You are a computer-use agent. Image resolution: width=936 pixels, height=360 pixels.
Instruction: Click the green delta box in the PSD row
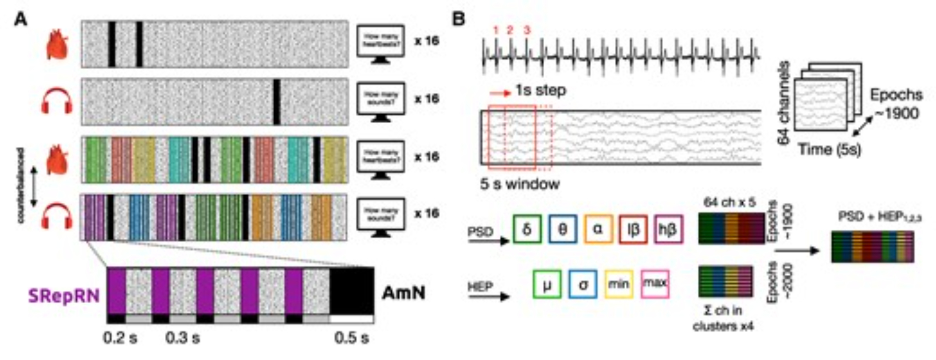pyautogui.click(x=527, y=229)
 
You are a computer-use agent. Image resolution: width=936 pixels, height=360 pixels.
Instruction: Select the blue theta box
pyautogui.click(x=563, y=229)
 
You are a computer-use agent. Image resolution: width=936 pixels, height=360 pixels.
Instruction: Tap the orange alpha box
pyautogui.click(x=598, y=229)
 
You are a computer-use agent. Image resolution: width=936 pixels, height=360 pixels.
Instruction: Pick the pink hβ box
pyautogui.click(x=668, y=229)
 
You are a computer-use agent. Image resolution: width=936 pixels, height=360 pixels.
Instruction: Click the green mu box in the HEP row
pyautogui.click(x=547, y=284)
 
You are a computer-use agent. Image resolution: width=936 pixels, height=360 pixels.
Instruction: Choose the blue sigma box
pyautogui.click(x=583, y=284)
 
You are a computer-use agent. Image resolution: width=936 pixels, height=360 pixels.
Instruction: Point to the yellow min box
pyautogui.click(x=619, y=284)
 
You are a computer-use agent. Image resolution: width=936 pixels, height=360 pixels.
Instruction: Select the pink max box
pyautogui.click(x=655, y=284)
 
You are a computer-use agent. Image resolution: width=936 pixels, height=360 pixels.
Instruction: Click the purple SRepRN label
pyautogui.click(x=64, y=296)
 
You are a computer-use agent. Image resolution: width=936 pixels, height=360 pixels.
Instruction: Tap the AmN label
pyautogui.click(x=403, y=293)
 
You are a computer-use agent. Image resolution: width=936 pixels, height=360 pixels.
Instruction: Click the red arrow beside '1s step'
pyautogui.click(x=500, y=93)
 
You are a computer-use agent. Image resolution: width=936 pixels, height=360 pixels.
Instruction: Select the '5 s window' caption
pyautogui.click(x=519, y=184)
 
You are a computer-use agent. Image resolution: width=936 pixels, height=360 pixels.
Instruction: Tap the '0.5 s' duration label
pyautogui.click(x=351, y=338)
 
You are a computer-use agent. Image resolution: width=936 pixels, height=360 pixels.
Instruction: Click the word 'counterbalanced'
pyautogui.click(x=21, y=185)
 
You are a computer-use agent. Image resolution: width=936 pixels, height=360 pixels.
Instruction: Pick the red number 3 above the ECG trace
pyautogui.click(x=527, y=30)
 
